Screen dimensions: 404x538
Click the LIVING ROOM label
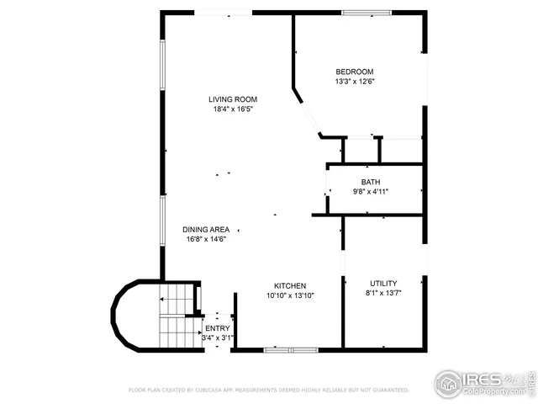point(233,99)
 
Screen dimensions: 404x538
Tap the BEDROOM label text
point(354,72)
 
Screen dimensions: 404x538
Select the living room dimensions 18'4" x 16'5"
point(233,109)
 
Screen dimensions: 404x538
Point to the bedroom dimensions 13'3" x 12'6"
point(354,82)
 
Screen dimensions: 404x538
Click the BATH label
point(371,182)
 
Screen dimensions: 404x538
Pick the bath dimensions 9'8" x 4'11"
point(371,192)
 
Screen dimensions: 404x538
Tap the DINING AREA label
point(206,229)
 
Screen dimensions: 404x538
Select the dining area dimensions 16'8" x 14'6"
point(206,239)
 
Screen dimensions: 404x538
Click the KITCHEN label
point(290,285)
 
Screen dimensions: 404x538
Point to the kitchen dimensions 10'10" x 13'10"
point(290,295)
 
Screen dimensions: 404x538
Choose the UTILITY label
point(383,283)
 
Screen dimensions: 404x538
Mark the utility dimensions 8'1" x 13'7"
point(383,293)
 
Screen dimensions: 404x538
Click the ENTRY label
point(217,328)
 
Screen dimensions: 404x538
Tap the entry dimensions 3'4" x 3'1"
point(217,338)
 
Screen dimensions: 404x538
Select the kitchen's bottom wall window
point(290,348)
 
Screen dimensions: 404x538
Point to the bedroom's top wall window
point(366,13)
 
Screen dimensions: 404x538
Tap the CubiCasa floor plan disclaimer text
point(268,391)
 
